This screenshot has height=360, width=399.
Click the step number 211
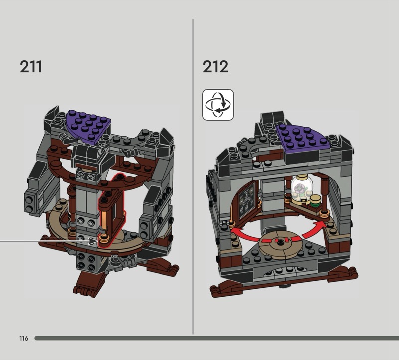click(x=31, y=67)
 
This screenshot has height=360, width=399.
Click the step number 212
click(x=215, y=67)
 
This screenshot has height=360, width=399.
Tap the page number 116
click(x=24, y=338)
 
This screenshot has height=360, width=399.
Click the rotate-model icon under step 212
click(x=218, y=105)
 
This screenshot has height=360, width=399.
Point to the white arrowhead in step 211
click(x=93, y=241)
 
